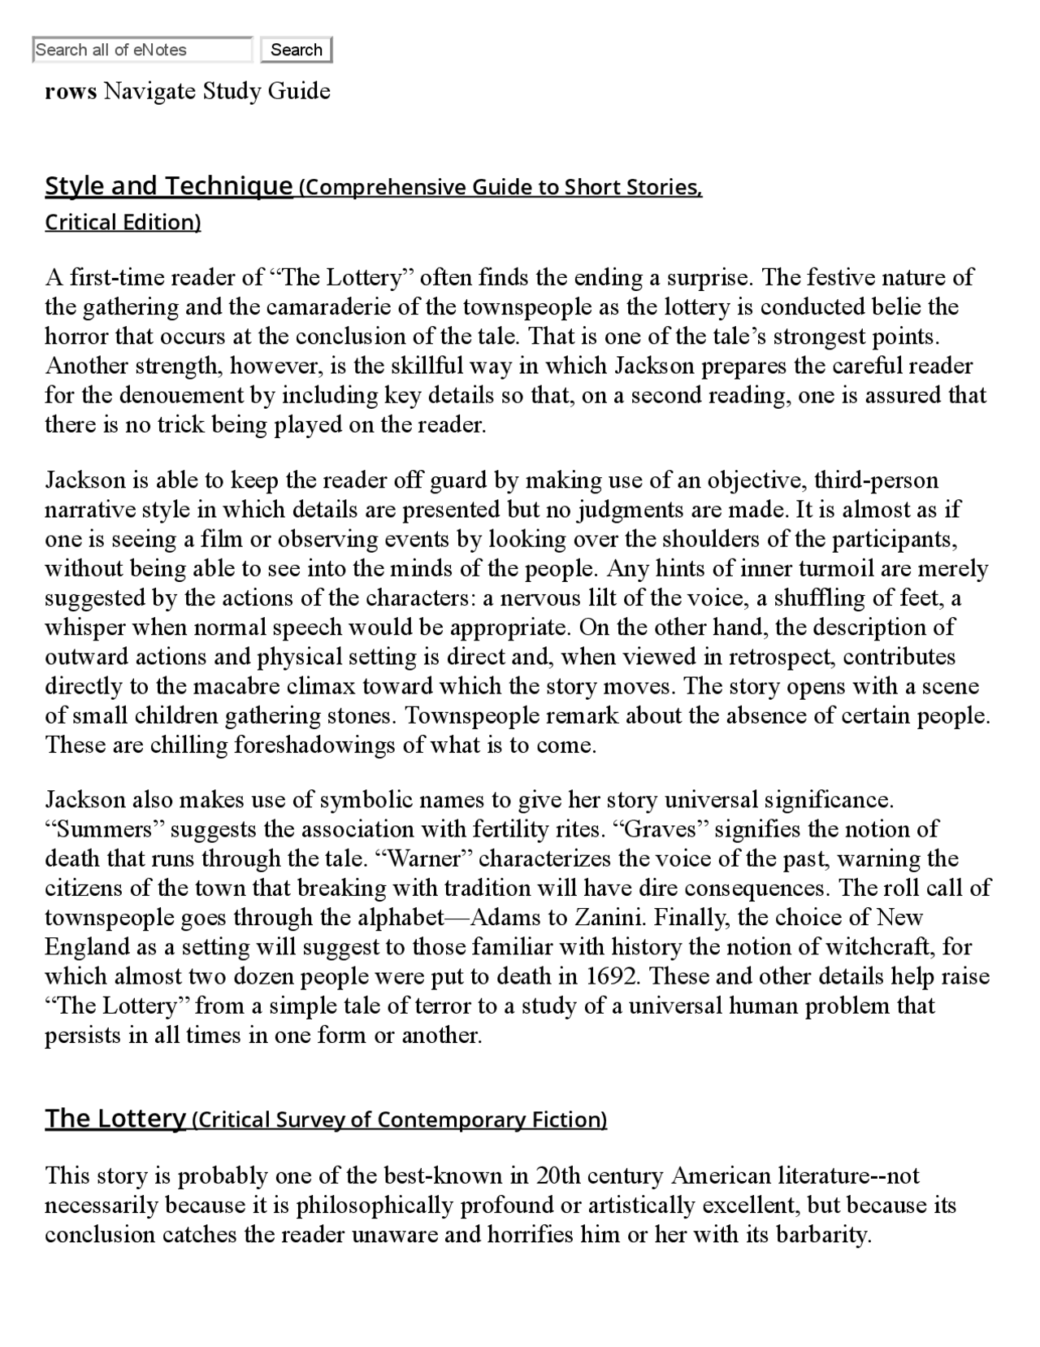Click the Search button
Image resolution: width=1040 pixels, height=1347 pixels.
[x=296, y=50]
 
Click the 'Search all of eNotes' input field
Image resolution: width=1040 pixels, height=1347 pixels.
[x=142, y=50]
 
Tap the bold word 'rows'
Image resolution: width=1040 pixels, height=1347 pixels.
[x=71, y=91]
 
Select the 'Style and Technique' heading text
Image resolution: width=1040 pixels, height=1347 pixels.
[x=168, y=186]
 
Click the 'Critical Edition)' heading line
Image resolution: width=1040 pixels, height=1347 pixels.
[x=123, y=223]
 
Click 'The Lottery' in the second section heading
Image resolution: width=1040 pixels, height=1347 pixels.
[x=115, y=1119]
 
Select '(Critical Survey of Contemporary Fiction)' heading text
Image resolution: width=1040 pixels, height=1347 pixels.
[x=399, y=1120]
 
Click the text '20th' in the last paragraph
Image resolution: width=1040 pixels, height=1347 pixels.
[x=557, y=1176]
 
